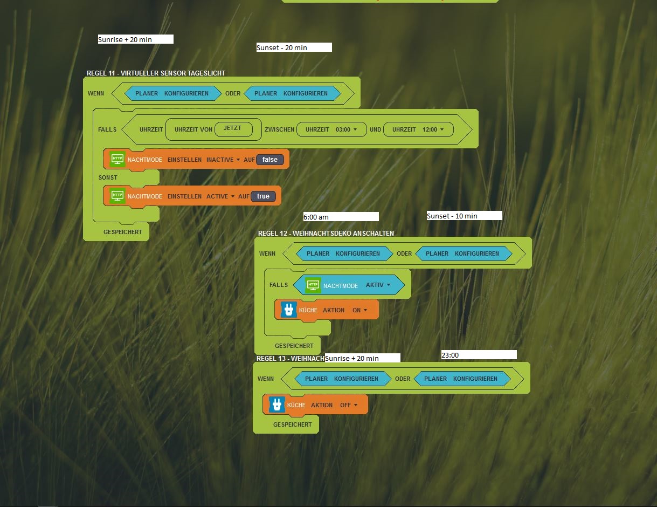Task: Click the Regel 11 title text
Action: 156,73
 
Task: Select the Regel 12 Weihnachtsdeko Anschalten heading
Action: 326,234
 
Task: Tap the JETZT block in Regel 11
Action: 233,128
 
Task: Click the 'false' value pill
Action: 270,160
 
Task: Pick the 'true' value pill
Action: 263,196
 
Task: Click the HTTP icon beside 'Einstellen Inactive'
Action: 117,159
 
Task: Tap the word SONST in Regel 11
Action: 108,177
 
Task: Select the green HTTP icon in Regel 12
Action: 313,285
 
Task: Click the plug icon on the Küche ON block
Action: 288,310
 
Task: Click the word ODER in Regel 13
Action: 403,379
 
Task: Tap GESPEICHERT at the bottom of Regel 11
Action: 123,232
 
